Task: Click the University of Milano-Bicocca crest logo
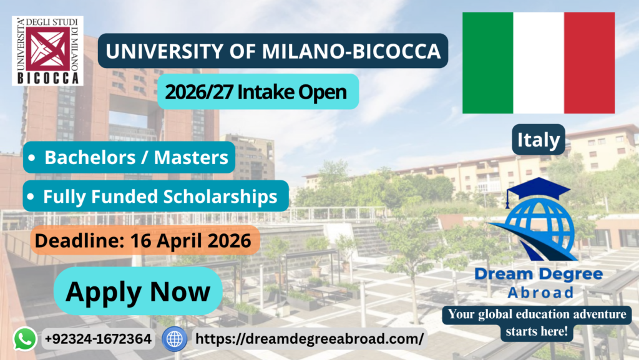click(47, 51)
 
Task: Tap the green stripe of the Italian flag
click(488, 63)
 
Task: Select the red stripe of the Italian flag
click(589, 63)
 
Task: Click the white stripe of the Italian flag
click(539, 63)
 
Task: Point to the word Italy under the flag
click(539, 140)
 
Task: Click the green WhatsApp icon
click(25, 339)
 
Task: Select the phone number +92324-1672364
click(98, 339)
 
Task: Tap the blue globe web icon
click(175, 339)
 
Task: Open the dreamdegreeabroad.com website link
click(310, 339)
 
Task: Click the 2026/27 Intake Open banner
click(258, 92)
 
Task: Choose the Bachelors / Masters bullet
click(129, 157)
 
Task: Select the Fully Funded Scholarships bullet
click(155, 196)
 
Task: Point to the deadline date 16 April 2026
click(190, 240)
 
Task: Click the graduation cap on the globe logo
click(538, 190)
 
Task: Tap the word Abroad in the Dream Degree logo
click(540, 293)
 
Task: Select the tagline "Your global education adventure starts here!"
click(537, 323)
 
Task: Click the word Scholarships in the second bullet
click(220, 197)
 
